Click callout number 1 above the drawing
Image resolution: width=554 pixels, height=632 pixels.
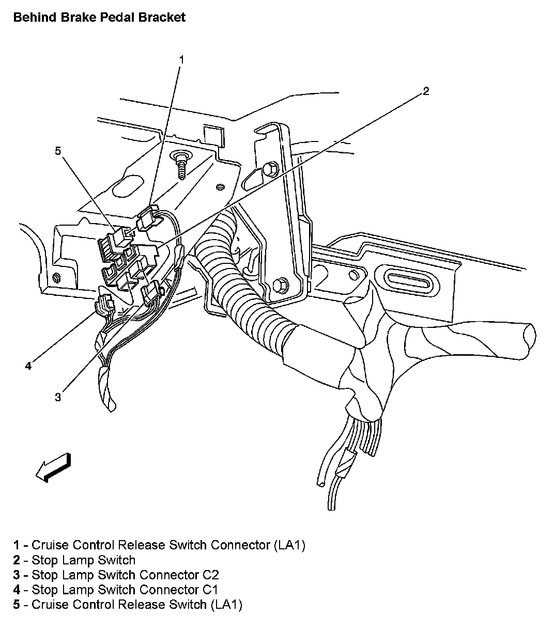[181, 59]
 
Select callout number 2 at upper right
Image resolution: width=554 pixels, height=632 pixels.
[425, 91]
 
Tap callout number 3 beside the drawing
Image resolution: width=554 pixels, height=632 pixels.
[58, 397]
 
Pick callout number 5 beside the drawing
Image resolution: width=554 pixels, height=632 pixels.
[58, 150]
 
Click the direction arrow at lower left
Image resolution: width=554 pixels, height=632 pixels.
[53, 467]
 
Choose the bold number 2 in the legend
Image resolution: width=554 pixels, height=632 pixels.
[17, 560]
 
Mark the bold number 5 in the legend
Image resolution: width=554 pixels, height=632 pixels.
[17, 605]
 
